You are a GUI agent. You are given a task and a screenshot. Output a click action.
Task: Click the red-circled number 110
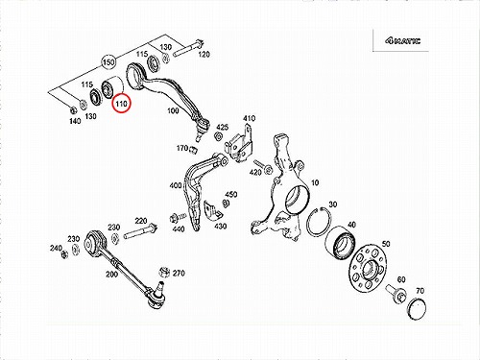[121, 104]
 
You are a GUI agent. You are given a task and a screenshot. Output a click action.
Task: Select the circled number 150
[108, 61]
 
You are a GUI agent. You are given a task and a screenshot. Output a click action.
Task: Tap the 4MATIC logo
[403, 41]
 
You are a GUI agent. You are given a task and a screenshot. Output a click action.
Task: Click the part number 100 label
[173, 110]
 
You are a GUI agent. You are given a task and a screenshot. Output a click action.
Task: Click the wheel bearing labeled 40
[341, 243]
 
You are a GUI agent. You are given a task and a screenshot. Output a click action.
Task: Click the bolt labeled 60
[396, 293]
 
